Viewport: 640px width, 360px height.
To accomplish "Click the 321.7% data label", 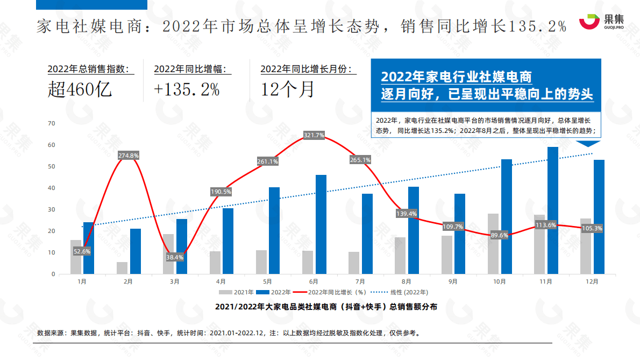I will tap(314, 135).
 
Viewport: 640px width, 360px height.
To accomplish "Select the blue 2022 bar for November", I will tap(552, 210).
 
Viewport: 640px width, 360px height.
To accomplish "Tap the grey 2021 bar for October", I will tap(493, 244).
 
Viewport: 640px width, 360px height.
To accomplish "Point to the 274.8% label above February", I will tap(129, 156).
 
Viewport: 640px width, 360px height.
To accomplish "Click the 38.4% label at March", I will tap(175, 257).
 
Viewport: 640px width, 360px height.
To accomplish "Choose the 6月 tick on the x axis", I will tap(314, 281).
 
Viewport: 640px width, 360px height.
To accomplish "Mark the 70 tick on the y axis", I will tap(52, 123).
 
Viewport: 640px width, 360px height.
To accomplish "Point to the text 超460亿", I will tap(80, 89).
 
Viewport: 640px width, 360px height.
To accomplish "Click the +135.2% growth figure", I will tap(187, 89).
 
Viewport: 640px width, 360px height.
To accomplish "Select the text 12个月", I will tap(288, 89).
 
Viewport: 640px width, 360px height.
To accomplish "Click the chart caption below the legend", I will tap(326, 306).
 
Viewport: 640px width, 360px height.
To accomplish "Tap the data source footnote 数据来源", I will tap(228, 333).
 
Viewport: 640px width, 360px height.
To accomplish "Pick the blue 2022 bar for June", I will tap(321, 224).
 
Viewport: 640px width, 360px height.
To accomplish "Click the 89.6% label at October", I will tap(500, 235).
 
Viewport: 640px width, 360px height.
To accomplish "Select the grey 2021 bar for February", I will tap(122, 268).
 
